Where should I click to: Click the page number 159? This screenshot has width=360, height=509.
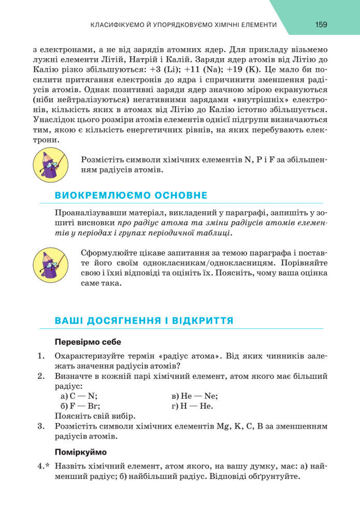point(321,24)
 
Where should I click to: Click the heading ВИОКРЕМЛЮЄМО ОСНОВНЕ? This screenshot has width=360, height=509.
point(131,195)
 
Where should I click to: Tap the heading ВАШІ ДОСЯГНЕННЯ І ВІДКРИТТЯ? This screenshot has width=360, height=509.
point(144,321)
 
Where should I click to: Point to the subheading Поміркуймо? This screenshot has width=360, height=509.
point(80,452)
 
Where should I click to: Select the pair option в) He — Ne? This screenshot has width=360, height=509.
point(195,396)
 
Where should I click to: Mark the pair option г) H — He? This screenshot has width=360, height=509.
point(192,406)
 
